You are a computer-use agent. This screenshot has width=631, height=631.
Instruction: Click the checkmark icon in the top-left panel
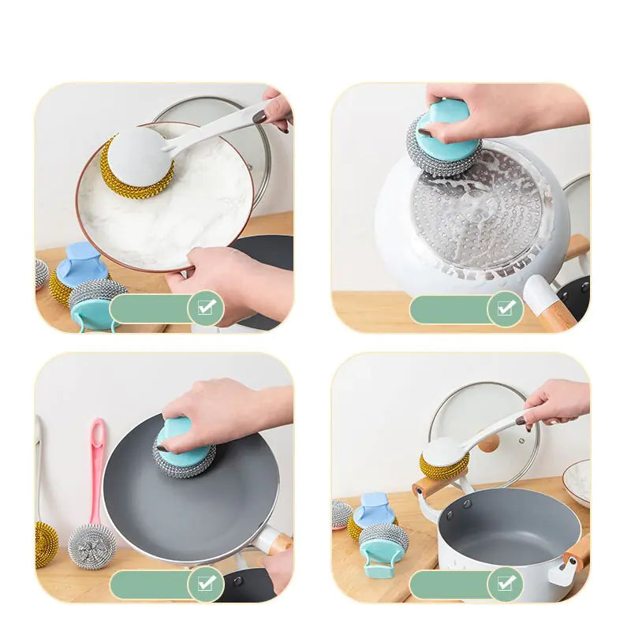click(x=206, y=308)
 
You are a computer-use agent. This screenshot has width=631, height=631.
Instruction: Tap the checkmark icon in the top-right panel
click(x=505, y=308)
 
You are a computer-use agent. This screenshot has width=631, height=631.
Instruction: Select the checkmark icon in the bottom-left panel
click(x=206, y=584)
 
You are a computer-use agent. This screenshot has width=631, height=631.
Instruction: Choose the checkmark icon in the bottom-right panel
click(x=505, y=584)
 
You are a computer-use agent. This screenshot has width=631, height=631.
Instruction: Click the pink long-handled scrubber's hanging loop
click(x=97, y=432)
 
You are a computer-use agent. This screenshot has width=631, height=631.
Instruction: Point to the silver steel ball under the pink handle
click(x=91, y=545)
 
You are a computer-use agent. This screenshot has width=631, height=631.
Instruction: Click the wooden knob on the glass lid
click(x=489, y=443)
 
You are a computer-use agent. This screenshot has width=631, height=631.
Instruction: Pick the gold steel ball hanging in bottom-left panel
click(x=46, y=544)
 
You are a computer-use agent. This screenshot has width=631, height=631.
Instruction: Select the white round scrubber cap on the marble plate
click(x=138, y=155)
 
